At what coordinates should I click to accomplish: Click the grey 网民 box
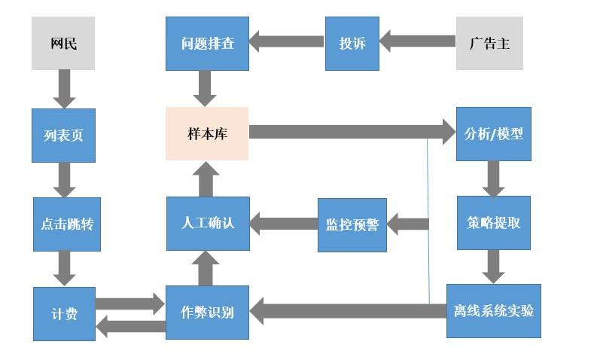[x=63, y=43]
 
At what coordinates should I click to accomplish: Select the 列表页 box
[x=63, y=135]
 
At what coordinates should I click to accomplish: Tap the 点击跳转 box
[x=66, y=224]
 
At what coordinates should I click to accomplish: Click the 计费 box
[x=64, y=313]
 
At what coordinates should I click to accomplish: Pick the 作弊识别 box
[x=207, y=312]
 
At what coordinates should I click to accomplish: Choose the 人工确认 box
[x=207, y=224]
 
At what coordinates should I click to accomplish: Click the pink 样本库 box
[x=207, y=133]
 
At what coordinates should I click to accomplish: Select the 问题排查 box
[x=207, y=43]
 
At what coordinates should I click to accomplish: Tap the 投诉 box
[x=352, y=43]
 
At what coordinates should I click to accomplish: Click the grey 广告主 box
[x=489, y=43]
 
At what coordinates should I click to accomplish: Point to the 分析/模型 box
[x=493, y=133]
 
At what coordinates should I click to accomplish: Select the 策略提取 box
[x=493, y=224]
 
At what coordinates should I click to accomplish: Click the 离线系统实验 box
[x=493, y=310]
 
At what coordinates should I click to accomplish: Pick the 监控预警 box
[x=352, y=224]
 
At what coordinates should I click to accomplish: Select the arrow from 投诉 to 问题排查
[x=287, y=41]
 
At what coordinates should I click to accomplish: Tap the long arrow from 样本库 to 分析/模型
[x=346, y=133]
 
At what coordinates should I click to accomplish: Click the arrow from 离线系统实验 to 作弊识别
[x=346, y=310]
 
